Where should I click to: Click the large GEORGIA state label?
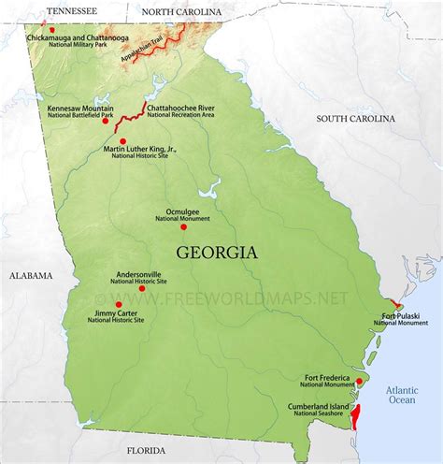point(216,253)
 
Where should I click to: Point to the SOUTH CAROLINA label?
point(355,119)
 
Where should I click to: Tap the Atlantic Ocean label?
point(401,393)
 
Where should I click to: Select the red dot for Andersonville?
point(142,288)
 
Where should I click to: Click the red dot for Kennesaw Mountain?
point(106,121)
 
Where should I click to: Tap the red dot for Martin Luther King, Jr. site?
point(122,141)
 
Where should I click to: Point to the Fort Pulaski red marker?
point(397,305)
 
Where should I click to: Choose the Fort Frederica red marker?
point(359,382)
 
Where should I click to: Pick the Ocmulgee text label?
point(182,212)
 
